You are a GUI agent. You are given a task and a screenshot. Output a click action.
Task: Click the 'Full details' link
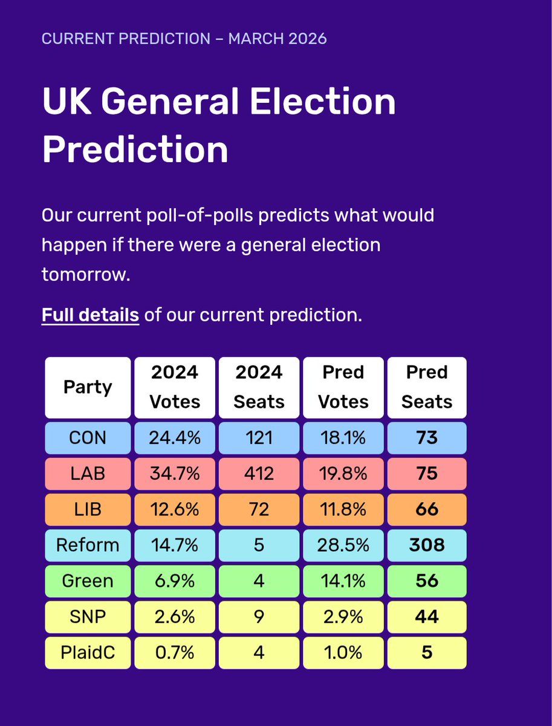point(90,315)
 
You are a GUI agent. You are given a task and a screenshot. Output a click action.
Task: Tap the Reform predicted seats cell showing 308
point(427,545)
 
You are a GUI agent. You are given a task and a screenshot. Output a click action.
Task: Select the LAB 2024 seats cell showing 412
point(259,473)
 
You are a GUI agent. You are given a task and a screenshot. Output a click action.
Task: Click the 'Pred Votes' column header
point(343,387)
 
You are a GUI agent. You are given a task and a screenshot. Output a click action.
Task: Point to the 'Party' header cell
point(88,387)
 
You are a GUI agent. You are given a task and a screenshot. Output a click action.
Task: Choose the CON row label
point(88,437)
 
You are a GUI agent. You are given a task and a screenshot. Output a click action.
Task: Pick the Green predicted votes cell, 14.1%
point(343,581)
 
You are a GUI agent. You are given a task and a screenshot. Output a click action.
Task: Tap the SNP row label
point(88,617)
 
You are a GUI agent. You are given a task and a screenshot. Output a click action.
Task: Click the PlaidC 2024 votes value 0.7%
point(175,653)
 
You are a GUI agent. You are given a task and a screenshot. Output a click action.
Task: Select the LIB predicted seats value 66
point(427,509)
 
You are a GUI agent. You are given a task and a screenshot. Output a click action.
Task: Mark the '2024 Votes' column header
point(175,387)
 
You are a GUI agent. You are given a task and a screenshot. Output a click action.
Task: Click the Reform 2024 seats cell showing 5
point(259,545)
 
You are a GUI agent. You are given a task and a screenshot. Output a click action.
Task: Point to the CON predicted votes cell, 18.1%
point(343,437)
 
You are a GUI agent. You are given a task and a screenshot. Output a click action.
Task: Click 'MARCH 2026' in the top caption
point(278,39)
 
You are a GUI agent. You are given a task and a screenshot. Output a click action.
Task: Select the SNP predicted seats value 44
point(427,617)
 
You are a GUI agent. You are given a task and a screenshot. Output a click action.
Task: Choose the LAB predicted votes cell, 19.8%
point(343,473)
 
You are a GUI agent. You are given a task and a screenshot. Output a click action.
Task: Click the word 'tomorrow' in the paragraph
point(84,275)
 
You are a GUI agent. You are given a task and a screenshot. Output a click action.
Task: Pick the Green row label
point(88,581)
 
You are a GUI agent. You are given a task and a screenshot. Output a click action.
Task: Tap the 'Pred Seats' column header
point(427,387)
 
